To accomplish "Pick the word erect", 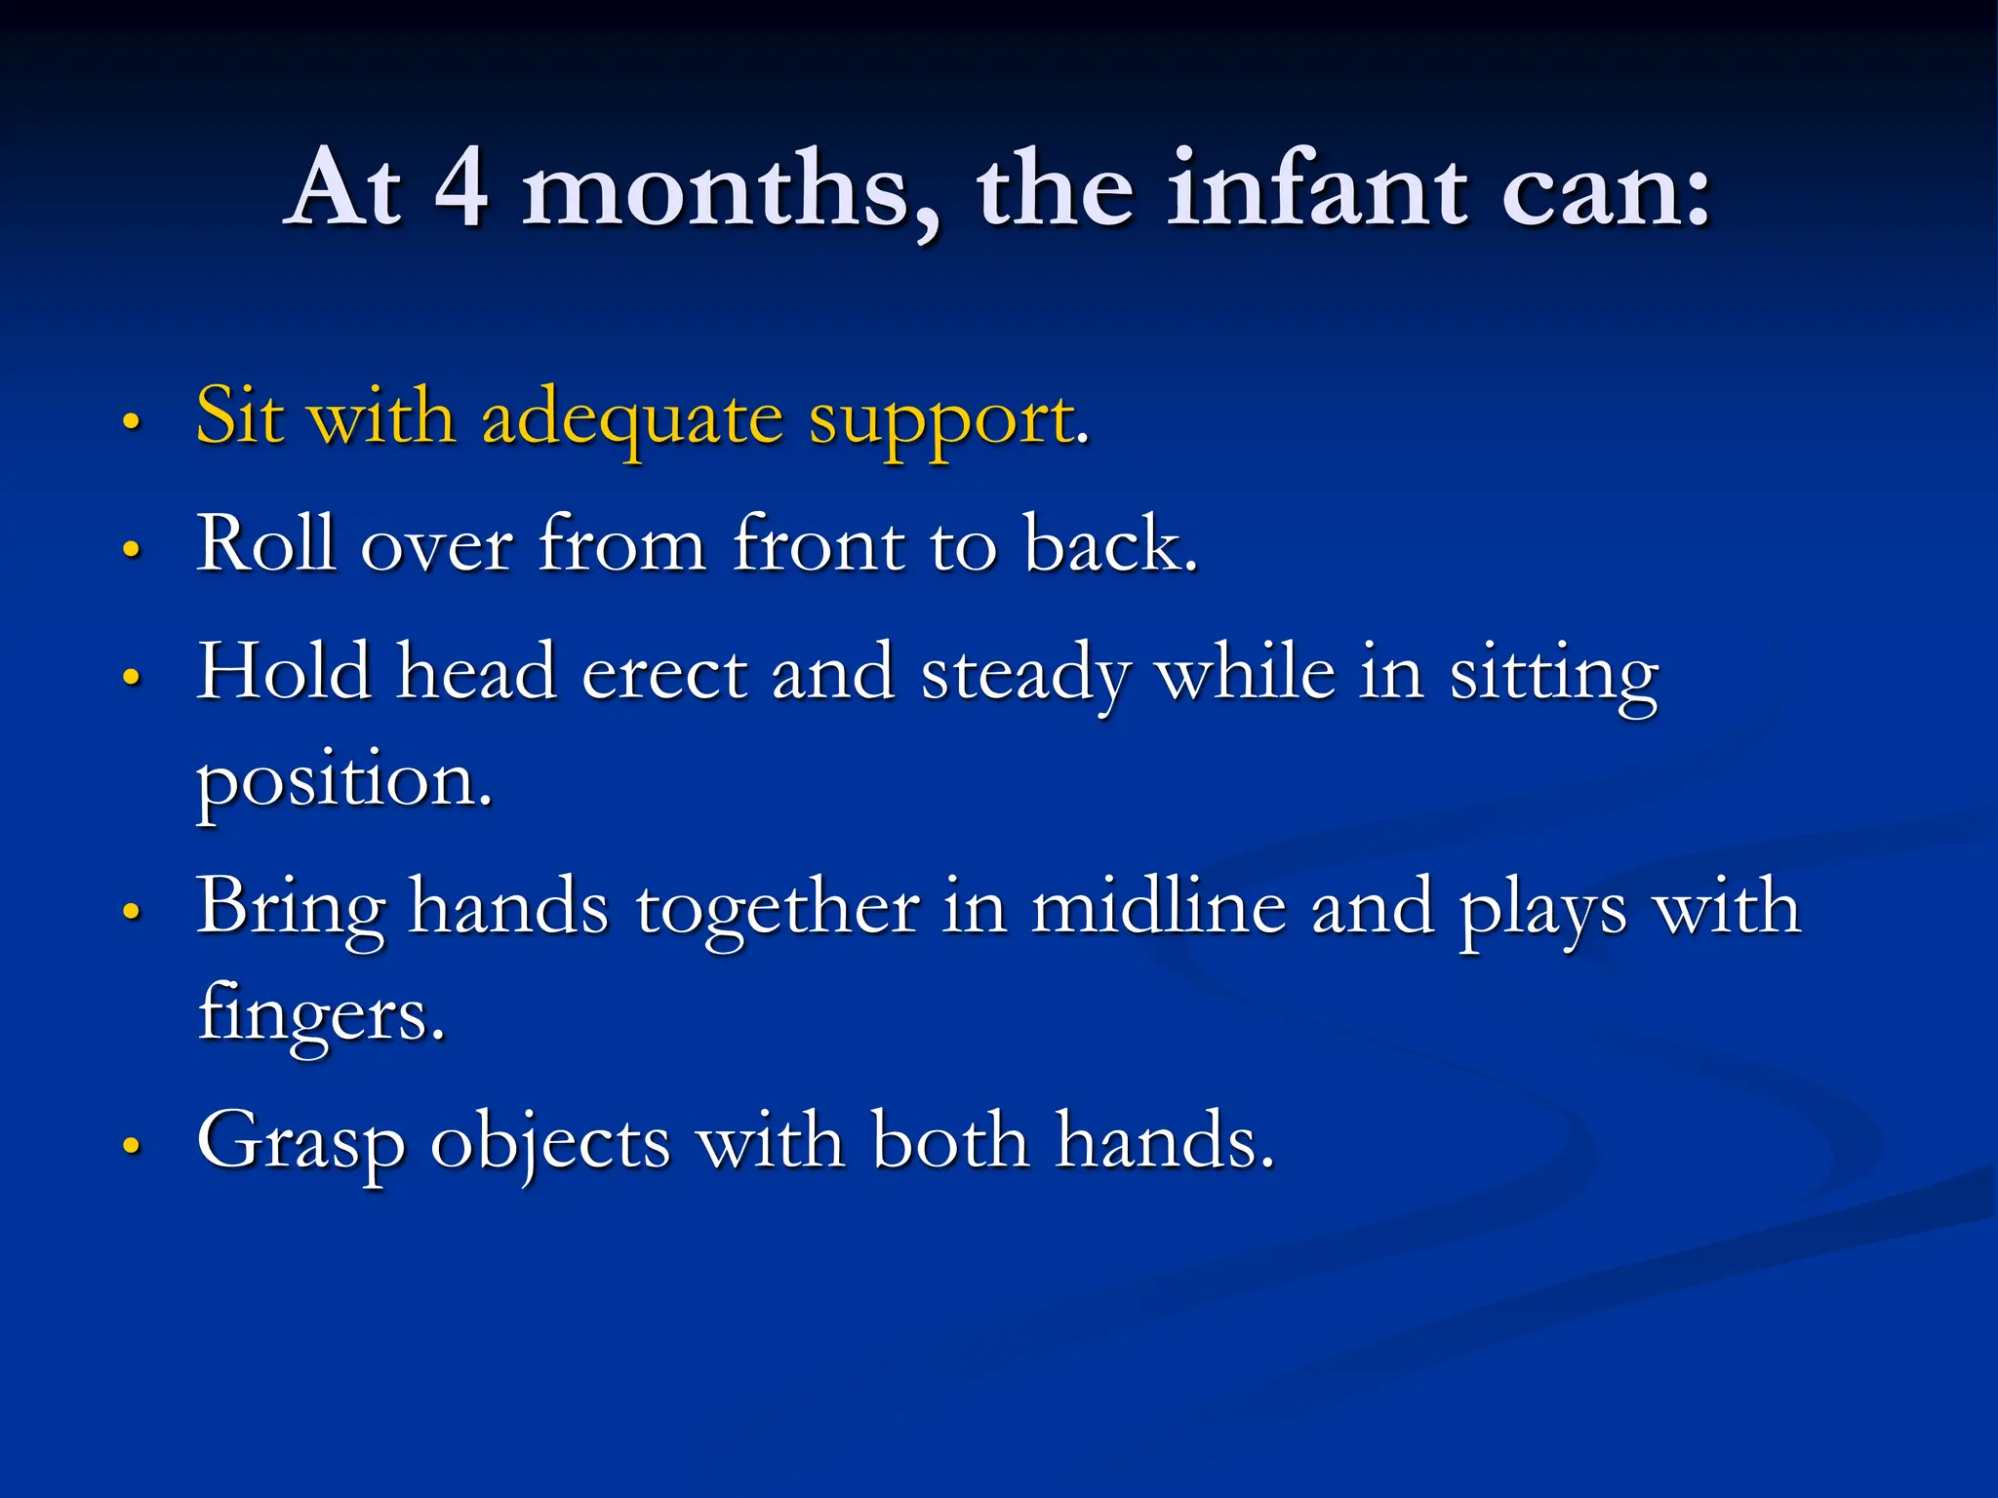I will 664,673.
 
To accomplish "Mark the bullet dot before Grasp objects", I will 132,1145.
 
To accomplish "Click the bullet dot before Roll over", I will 132,548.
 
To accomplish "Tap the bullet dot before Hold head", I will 132,677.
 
